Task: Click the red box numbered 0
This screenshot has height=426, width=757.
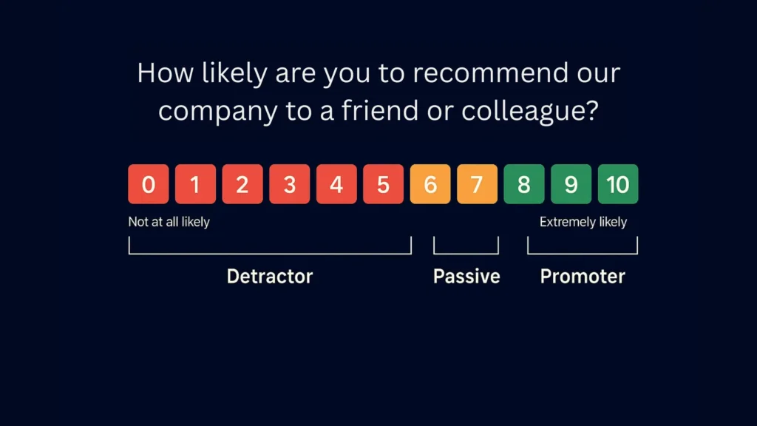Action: pyautogui.click(x=149, y=184)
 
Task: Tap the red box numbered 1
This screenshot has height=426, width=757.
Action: pyautogui.click(x=195, y=184)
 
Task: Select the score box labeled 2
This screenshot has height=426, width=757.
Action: pyautogui.click(x=242, y=184)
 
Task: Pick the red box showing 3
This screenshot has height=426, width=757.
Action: pyautogui.click(x=289, y=184)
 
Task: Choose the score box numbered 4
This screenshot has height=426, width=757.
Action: pyautogui.click(x=336, y=184)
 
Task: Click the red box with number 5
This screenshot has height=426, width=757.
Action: pyautogui.click(x=383, y=184)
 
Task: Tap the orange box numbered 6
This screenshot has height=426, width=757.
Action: pyautogui.click(x=430, y=184)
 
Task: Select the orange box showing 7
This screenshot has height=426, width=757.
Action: pyautogui.click(x=477, y=184)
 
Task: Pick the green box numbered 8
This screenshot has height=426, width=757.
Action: pyautogui.click(x=524, y=184)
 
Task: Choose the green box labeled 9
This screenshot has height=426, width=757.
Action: pyautogui.click(x=571, y=184)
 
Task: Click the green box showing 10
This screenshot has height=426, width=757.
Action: pyautogui.click(x=618, y=184)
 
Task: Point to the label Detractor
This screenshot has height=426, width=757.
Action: pyautogui.click(x=270, y=277)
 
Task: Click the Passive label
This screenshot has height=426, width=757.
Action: pyautogui.click(x=466, y=277)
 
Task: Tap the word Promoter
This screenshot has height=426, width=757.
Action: pyautogui.click(x=583, y=277)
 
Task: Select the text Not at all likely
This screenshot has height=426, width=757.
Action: pyautogui.click(x=169, y=222)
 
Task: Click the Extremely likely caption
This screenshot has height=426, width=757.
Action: pyautogui.click(x=583, y=222)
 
